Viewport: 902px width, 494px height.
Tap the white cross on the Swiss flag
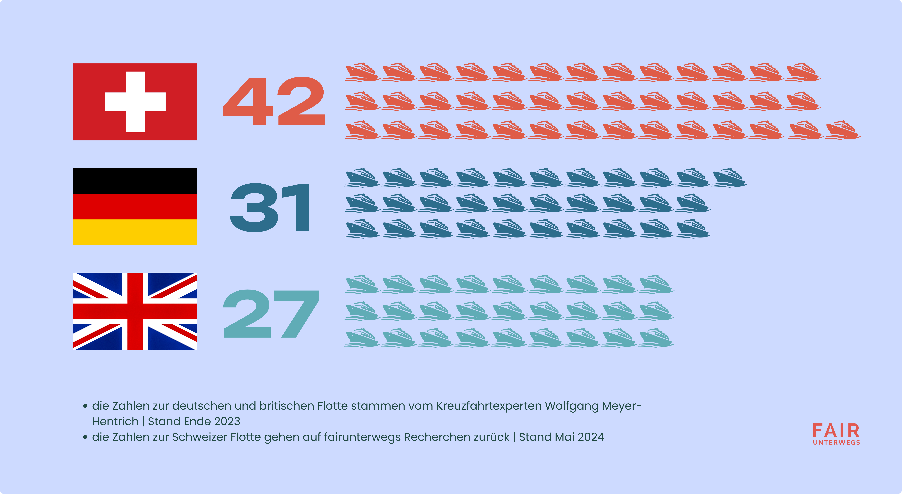(135, 102)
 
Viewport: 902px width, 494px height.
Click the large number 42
(274, 101)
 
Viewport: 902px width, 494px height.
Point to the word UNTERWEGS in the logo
(836, 443)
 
